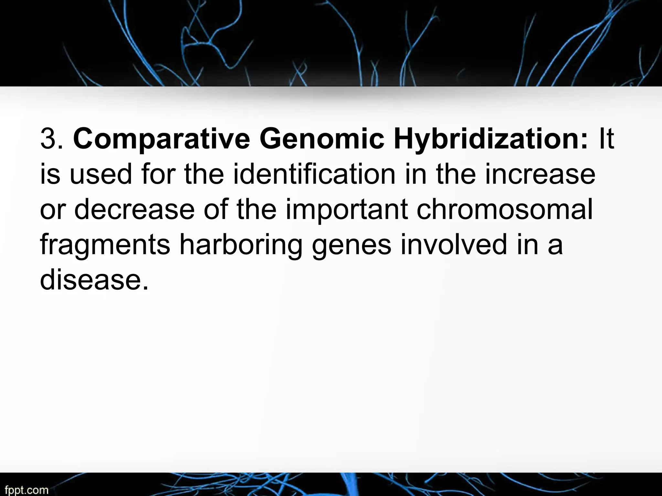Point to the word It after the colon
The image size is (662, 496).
pyautogui.click(x=606, y=139)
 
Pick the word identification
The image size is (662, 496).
pyautogui.click(x=315, y=174)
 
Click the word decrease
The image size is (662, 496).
pyautogui.click(x=134, y=209)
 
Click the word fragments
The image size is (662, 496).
pyautogui.click(x=105, y=245)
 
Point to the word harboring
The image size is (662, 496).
pyautogui.click(x=241, y=245)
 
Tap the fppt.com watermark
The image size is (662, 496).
pyautogui.click(x=27, y=490)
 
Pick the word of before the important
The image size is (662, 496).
pyautogui.click(x=215, y=209)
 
